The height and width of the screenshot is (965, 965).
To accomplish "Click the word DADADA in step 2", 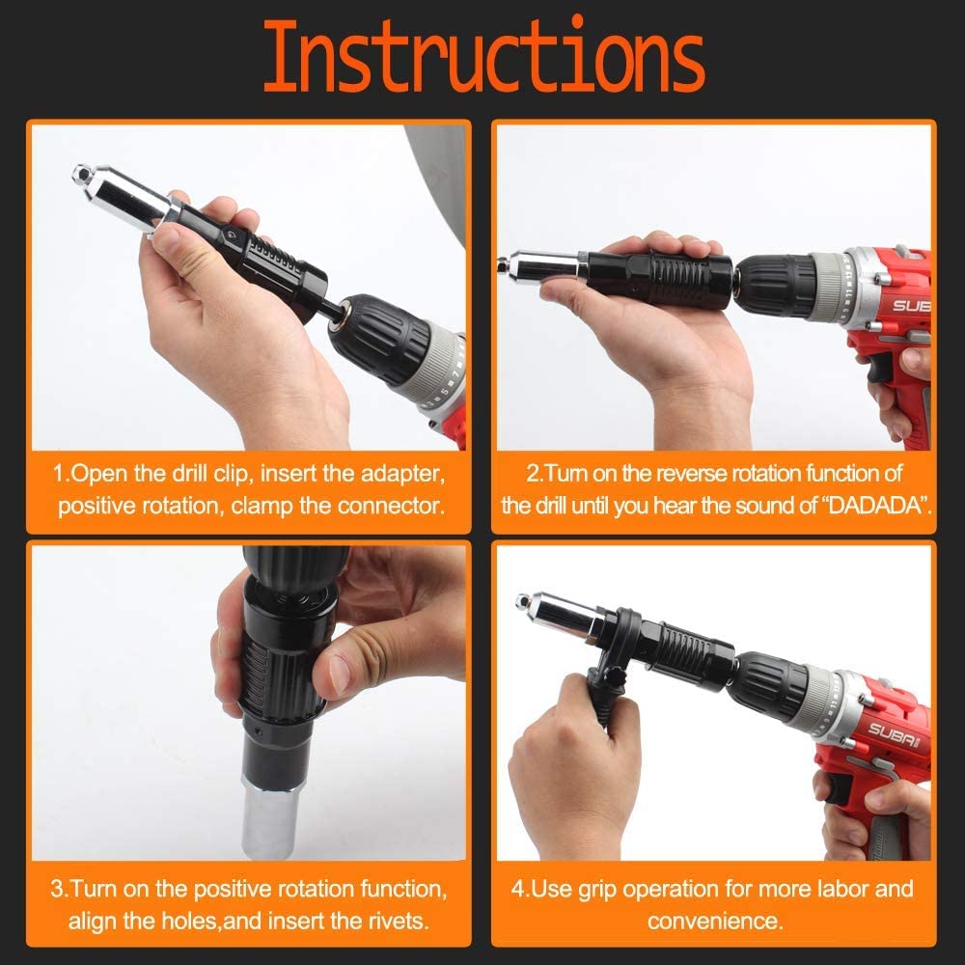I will click(874, 506).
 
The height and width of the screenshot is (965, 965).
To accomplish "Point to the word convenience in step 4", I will click(714, 920).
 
